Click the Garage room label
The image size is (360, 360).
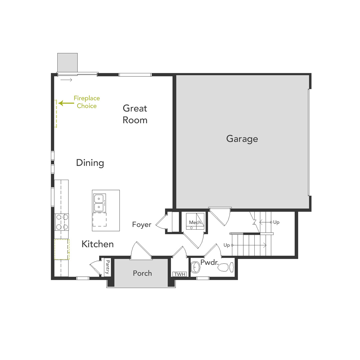coord(242,139)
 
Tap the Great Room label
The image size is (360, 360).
coord(135,114)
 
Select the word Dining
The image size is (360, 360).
coord(90,163)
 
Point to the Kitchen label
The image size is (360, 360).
coord(98,244)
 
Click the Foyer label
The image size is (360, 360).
coord(142,225)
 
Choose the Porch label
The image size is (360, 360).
coord(142,273)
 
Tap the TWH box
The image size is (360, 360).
coord(179,274)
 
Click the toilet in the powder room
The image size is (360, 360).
coord(227,267)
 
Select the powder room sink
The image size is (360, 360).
coord(196,267)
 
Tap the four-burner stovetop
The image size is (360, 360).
coord(62,222)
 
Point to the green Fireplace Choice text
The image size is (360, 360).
coord(87,102)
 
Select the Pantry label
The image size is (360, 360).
coord(107,267)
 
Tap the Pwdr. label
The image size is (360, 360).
coord(209,262)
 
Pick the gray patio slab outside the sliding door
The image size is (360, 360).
coord(67,62)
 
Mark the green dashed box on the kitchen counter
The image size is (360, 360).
coord(62,249)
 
